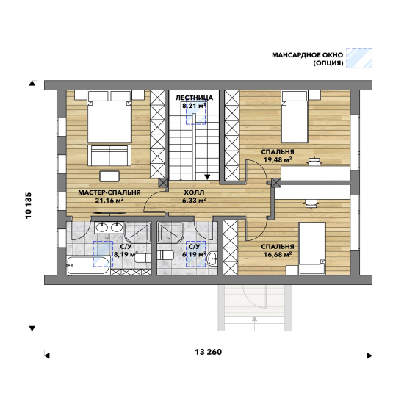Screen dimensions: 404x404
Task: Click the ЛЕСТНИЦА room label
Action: point(194,98)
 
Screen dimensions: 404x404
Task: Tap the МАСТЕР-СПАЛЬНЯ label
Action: point(109,192)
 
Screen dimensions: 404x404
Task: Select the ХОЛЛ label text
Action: point(194,192)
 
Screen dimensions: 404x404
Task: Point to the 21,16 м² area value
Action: point(109,201)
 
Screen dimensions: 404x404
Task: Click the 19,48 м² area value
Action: point(278,159)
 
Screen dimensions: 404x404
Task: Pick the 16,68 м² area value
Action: point(278,255)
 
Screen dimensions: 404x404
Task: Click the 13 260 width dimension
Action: point(208,352)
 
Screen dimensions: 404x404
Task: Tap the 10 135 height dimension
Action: point(29,206)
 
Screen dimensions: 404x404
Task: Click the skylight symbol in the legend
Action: point(359,58)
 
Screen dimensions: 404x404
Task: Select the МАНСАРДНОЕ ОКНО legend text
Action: point(307,55)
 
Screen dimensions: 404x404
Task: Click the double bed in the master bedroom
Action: point(109,117)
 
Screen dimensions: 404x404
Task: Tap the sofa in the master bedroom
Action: point(109,156)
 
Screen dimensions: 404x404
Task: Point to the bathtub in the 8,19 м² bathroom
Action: point(88,265)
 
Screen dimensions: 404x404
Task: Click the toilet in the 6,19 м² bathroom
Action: point(165,255)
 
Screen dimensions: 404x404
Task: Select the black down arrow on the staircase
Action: point(207,177)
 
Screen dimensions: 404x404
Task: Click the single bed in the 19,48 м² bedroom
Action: point(295,117)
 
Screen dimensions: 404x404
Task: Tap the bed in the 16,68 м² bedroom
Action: point(312,248)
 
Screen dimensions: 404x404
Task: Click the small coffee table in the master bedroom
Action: point(109,176)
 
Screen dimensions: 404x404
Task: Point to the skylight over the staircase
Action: point(196,113)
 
